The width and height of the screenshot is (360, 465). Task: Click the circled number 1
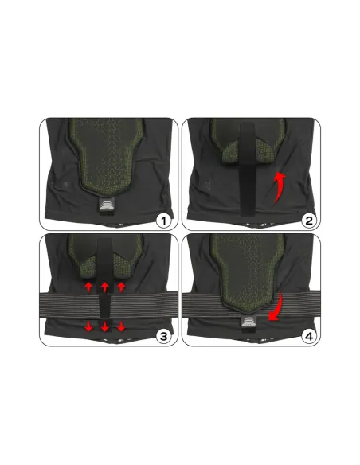pos(163,221)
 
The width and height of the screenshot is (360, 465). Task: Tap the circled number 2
pos(309,221)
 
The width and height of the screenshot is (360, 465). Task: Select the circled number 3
pos(163,337)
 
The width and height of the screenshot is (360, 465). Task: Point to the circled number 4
pos(309,337)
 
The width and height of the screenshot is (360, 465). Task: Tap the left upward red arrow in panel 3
pos(88,287)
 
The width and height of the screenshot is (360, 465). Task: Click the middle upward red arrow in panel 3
pos(104,287)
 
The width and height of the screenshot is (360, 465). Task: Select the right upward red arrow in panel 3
pos(121,287)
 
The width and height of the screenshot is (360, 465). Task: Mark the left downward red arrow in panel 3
pos(88,326)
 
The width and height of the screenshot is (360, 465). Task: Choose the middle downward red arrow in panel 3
pos(104,326)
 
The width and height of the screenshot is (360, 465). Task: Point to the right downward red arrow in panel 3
pos(121,326)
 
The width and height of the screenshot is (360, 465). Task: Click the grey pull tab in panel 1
pos(107,205)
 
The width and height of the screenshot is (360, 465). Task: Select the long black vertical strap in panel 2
pos(248,169)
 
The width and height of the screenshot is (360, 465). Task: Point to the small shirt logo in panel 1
pos(66,184)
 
